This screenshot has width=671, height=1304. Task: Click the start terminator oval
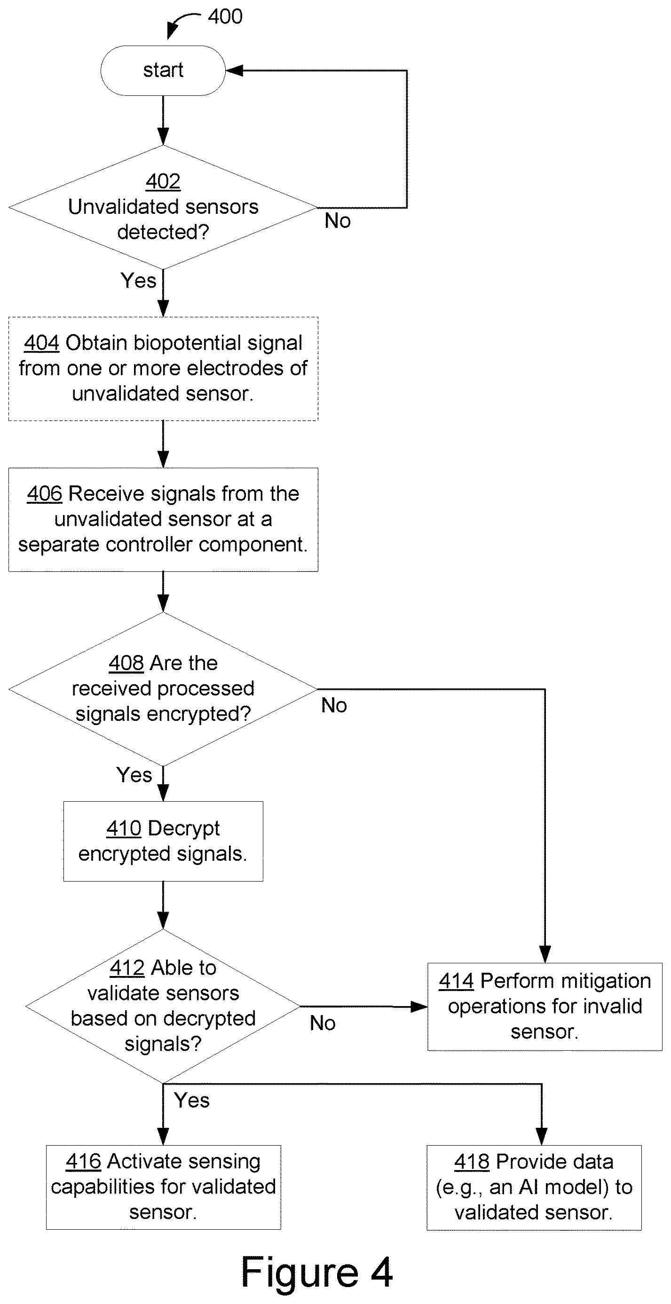[163, 70]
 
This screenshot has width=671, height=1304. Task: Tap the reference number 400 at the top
[225, 17]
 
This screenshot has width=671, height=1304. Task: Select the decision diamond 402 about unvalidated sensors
[163, 208]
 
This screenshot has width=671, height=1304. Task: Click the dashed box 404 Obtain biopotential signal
[163, 368]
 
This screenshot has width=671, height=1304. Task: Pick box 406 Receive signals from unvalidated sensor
[163, 519]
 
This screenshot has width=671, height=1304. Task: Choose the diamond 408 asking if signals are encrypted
[163, 689]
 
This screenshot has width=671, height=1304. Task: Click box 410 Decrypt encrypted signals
[163, 841]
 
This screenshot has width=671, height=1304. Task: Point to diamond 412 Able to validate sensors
[163, 1007]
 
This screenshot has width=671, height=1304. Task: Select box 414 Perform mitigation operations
[545, 1007]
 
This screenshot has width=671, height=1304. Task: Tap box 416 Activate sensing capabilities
[164, 1187]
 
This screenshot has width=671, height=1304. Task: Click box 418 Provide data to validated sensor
[534, 1187]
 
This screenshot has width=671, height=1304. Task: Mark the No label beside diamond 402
[338, 221]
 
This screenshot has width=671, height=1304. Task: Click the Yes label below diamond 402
[138, 281]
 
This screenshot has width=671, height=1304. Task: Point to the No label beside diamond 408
[334, 705]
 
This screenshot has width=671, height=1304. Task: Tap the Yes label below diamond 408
[134, 775]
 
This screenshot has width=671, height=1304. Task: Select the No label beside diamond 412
[323, 1023]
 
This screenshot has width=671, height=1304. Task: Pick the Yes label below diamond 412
[191, 1101]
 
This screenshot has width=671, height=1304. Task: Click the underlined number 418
[472, 1162]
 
